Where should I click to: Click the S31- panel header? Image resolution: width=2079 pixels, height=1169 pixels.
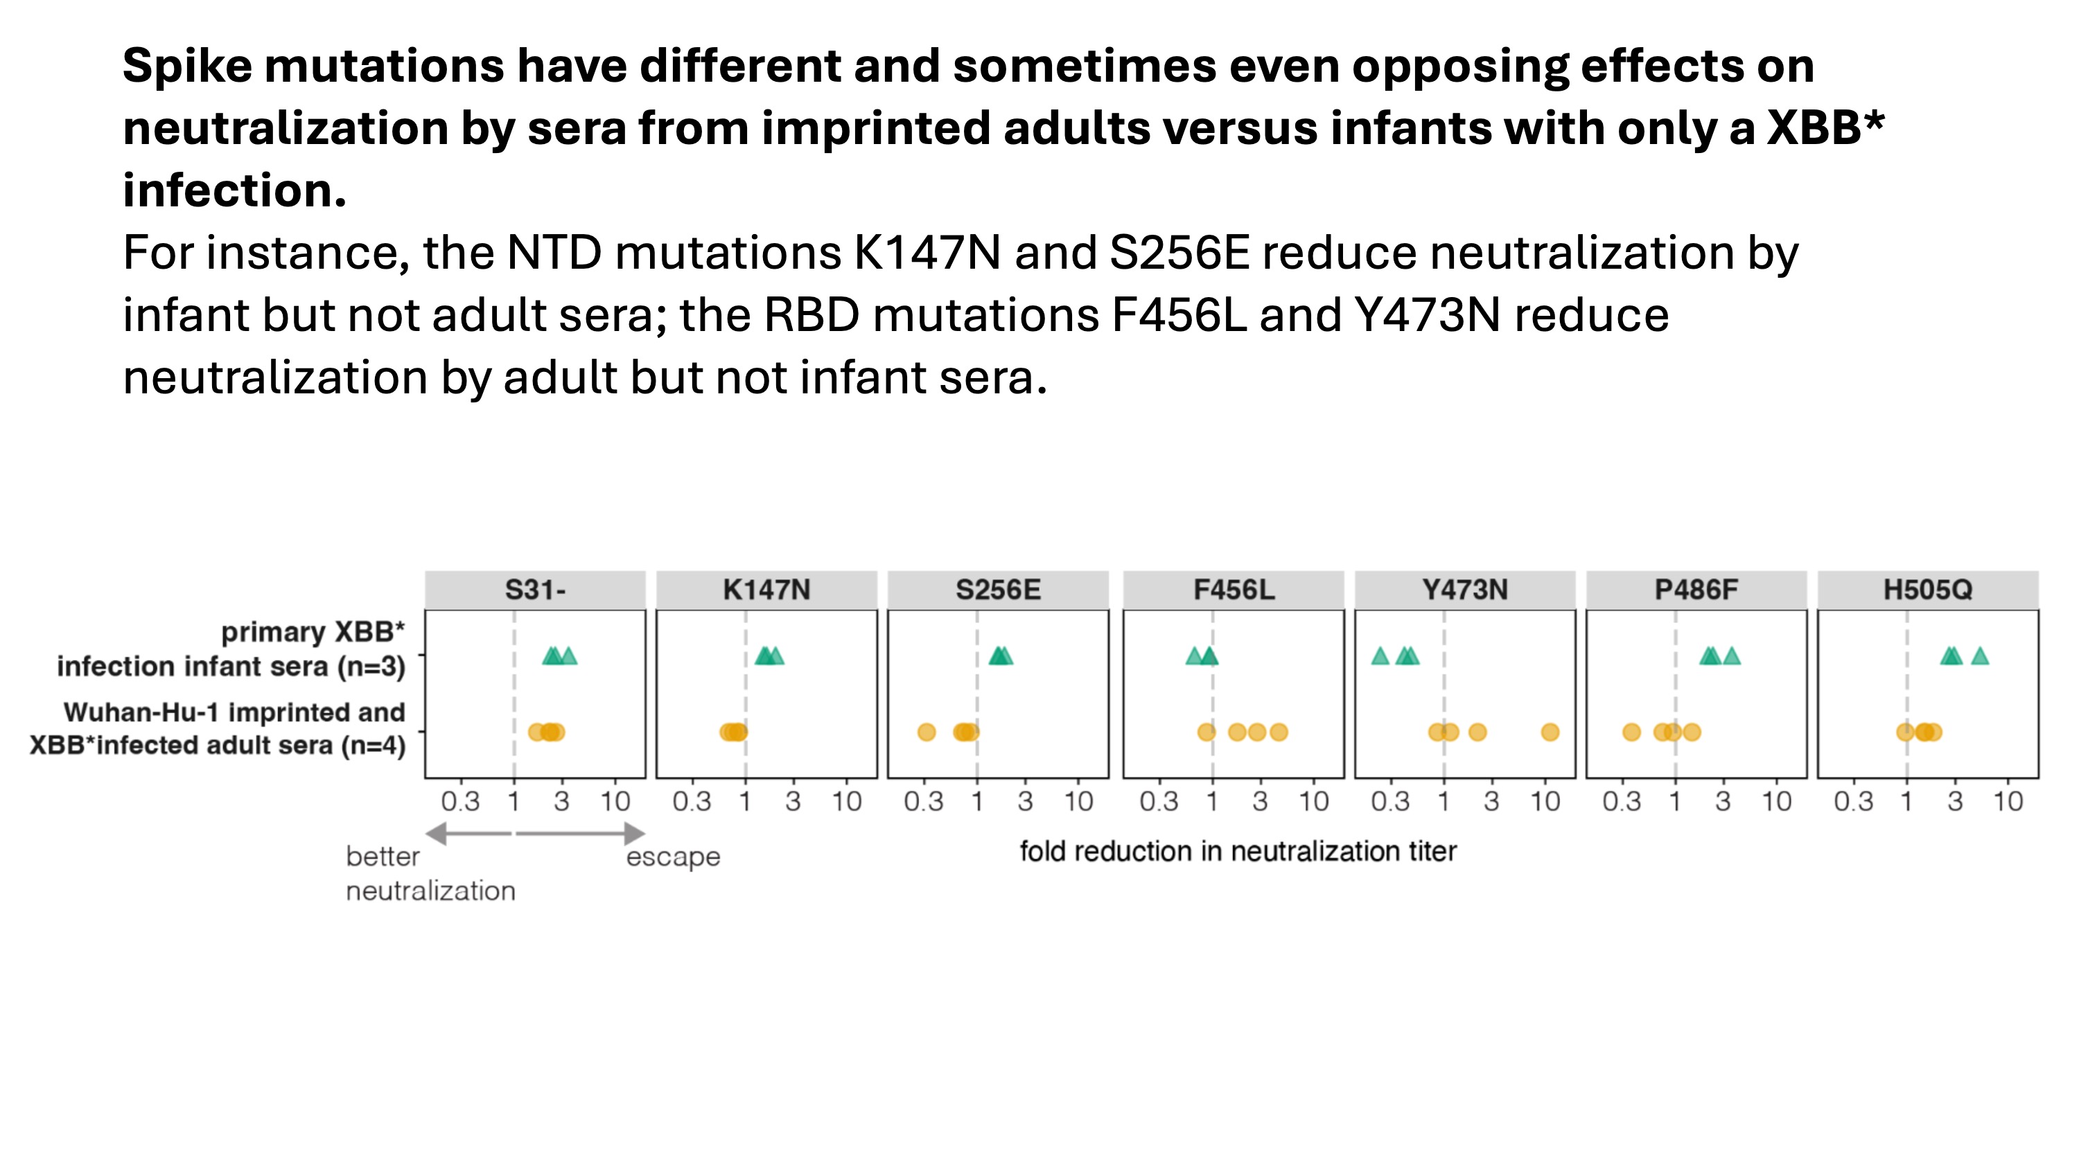[x=535, y=590]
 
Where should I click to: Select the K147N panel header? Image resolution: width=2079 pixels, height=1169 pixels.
[x=766, y=590]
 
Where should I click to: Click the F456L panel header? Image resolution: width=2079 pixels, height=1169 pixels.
[x=1234, y=590]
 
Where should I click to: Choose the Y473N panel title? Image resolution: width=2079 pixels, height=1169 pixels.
[x=1464, y=590]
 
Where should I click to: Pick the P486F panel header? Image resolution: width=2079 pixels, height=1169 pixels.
[x=1696, y=590]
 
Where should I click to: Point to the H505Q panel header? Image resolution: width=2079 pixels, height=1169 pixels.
[x=1927, y=590]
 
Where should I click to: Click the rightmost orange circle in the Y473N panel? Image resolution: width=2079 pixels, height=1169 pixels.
[x=1550, y=733]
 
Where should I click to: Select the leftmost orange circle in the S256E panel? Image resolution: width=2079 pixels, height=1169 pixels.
[x=927, y=733]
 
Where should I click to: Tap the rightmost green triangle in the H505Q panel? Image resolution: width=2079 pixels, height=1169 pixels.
[x=1980, y=657]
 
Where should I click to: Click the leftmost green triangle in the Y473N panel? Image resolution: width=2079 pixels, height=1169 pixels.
[x=1380, y=657]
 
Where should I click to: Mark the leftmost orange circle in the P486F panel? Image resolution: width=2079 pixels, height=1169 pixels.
[x=1632, y=733]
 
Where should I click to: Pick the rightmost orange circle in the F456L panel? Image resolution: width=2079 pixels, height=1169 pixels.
[x=1279, y=733]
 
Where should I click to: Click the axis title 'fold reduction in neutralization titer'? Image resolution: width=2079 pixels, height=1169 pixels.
[x=1238, y=851]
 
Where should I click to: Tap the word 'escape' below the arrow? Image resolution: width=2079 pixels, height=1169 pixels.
[x=673, y=857]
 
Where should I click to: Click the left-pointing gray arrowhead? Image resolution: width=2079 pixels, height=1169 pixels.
[x=437, y=833]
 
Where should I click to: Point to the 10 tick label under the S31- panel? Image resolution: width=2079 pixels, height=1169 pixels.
[x=615, y=802]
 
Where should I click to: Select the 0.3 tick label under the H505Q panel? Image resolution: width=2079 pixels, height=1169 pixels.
[x=1853, y=802]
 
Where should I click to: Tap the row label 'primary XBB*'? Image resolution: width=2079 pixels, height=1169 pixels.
[x=313, y=632]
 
